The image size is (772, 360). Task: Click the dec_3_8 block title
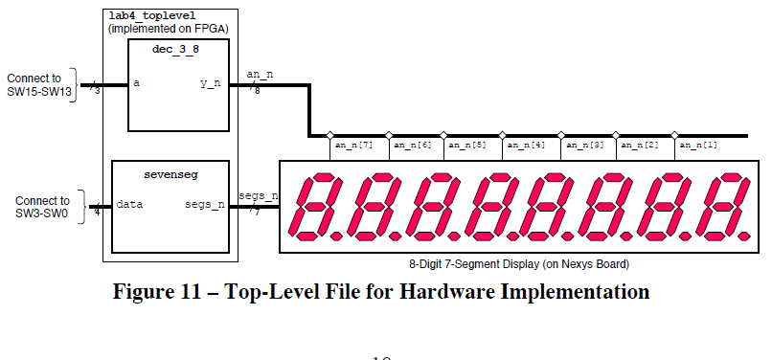point(173,47)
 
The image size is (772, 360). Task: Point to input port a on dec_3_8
point(137,83)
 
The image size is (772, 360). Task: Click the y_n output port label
point(211,84)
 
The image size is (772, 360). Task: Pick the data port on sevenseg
point(129,204)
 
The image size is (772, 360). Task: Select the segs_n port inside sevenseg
point(205,204)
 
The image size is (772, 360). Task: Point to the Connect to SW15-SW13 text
point(39,83)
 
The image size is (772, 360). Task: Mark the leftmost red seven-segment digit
point(315,206)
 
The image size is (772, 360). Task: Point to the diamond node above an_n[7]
point(329,135)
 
